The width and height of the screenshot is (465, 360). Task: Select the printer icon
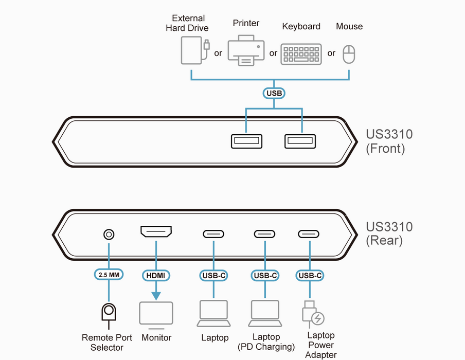click(x=246, y=51)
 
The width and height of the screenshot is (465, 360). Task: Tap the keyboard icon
click(x=301, y=54)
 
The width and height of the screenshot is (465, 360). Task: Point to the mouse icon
click(x=349, y=54)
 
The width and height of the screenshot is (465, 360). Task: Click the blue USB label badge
click(x=274, y=93)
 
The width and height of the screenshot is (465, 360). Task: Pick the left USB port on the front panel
click(x=246, y=140)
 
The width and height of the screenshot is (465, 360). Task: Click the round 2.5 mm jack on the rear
click(x=109, y=235)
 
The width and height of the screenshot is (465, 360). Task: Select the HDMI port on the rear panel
click(x=156, y=232)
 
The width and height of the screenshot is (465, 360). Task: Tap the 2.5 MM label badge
click(x=109, y=275)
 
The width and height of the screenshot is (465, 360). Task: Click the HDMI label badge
click(x=156, y=275)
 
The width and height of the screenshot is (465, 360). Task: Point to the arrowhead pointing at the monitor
click(x=156, y=296)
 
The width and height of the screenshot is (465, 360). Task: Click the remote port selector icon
click(x=109, y=313)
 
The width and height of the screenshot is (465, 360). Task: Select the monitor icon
click(x=156, y=315)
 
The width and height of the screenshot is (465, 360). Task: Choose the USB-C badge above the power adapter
click(x=310, y=275)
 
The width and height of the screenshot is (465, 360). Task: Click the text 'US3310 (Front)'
click(x=389, y=142)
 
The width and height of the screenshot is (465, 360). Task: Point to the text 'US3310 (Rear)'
click(x=389, y=233)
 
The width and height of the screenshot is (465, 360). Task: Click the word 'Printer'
click(x=246, y=23)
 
